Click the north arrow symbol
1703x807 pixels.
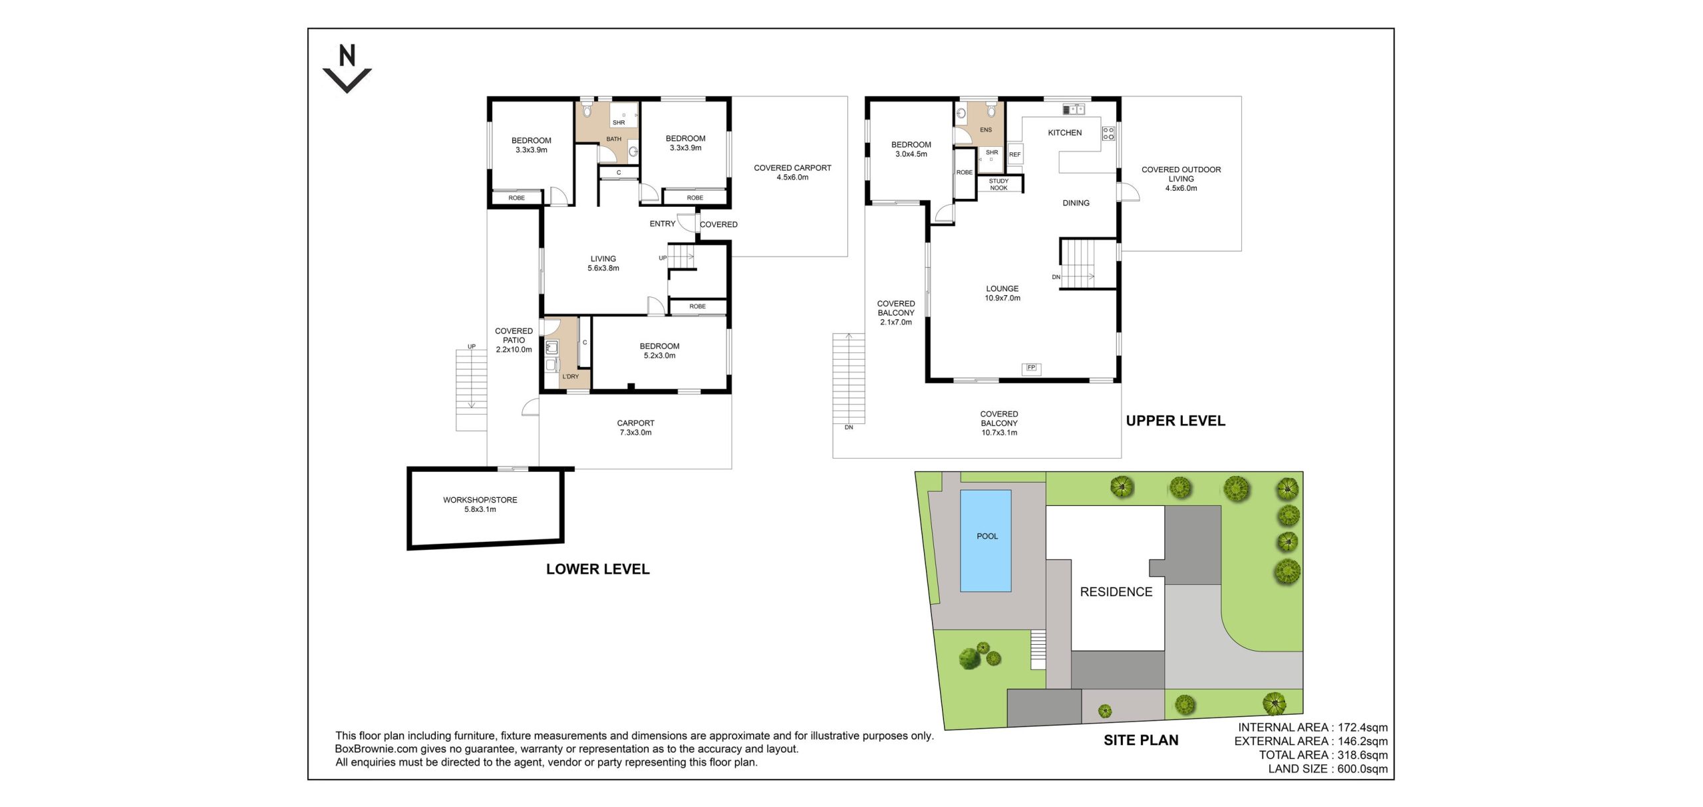click(347, 68)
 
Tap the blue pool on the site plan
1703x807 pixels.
click(985, 540)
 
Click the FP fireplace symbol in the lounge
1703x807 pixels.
click(1031, 368)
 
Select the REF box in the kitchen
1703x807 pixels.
click(1014, 154)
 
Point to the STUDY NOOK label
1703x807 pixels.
click(999, 184)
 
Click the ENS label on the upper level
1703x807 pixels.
click(986, 130)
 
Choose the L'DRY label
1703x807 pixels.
click(570, 376)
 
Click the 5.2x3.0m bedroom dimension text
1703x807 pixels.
click(659, 356)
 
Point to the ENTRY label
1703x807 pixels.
click(662, 223)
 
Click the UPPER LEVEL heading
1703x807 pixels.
click(1175, 421)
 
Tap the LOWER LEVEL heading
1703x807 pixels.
click(597, 569)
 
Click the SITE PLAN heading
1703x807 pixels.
click(1141, 740)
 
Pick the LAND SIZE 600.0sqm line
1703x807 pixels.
click(1328, 768)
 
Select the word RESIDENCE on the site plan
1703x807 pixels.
click(1116, 592)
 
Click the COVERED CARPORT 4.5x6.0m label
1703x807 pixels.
click(792, 172)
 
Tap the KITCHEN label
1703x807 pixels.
click(1064, 132)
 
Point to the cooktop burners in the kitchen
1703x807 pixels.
click(1108, 133)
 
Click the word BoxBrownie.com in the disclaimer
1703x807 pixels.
click(376, 749)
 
